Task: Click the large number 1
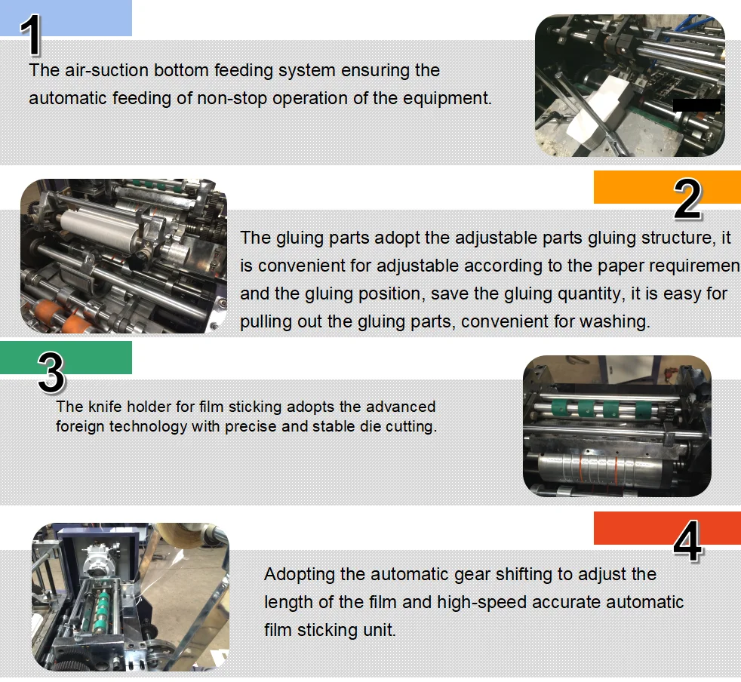click(32, 36)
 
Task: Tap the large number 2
click(687, 200)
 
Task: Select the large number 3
click(51, 372)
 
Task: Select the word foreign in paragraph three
click(80, 426)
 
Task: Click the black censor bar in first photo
click(696, 105)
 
